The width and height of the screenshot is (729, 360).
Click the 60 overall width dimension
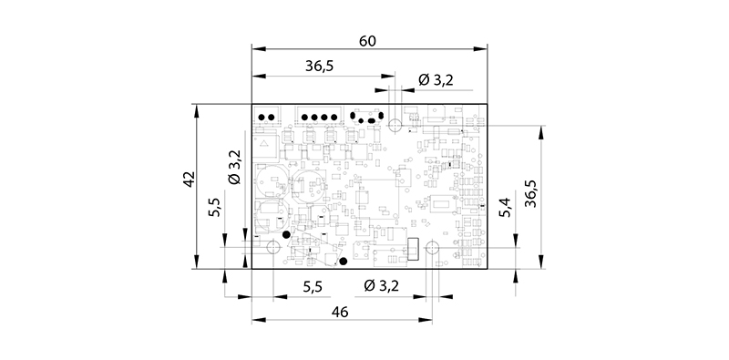(x=370, y=41)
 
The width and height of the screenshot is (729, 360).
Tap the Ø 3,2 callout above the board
(x=435, y=80)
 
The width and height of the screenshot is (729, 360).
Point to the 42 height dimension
(x=188, y=180)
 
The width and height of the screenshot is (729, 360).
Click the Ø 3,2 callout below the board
(x=381, y=287)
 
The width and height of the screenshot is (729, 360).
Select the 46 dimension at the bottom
(x=340, y=312)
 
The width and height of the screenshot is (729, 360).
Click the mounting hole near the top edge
(x=395, y=125)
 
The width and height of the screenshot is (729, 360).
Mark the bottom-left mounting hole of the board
(x=272, y=247)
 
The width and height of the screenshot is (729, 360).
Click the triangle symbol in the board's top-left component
(x=264, y=142)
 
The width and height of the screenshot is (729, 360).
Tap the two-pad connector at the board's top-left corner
(x=268, y=118)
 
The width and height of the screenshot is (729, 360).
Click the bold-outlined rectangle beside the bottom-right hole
(x=413, y=248)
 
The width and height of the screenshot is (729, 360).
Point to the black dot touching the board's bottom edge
(x=343, y=262)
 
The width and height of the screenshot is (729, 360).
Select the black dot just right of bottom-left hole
(x=287, y=236)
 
